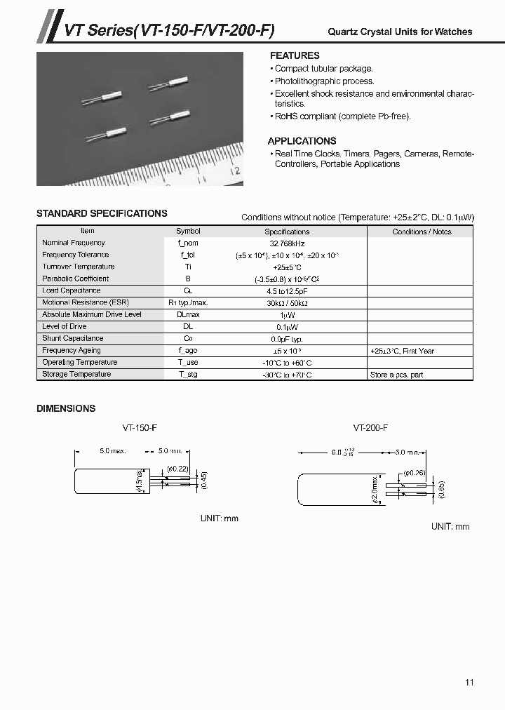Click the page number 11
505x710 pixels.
click(x=469, y=682)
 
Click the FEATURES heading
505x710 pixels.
click(x=295, y=55)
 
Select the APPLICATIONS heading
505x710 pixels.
click(x=302, y=140)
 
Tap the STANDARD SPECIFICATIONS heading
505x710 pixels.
click(x=102, y=213)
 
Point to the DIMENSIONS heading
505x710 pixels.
click(x=66, y=408)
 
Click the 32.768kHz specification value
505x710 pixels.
click(x=287, y=243)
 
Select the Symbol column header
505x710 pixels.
click(x=188, y=231)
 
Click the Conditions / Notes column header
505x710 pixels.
click(x=422, y=232)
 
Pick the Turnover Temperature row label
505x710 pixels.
click(x=78, y=267)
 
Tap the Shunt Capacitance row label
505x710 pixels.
click(x=73, y=338)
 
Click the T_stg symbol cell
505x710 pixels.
click(x=188, y=375)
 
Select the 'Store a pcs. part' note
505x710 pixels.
click(x=396, y=375)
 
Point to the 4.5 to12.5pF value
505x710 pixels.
click(x=287, y=290)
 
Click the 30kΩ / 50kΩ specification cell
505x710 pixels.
click(x=287, y=302)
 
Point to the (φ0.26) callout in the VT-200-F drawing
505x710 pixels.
click(x=415, y=472)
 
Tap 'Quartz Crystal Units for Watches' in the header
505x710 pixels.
click(x=400, y=32)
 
